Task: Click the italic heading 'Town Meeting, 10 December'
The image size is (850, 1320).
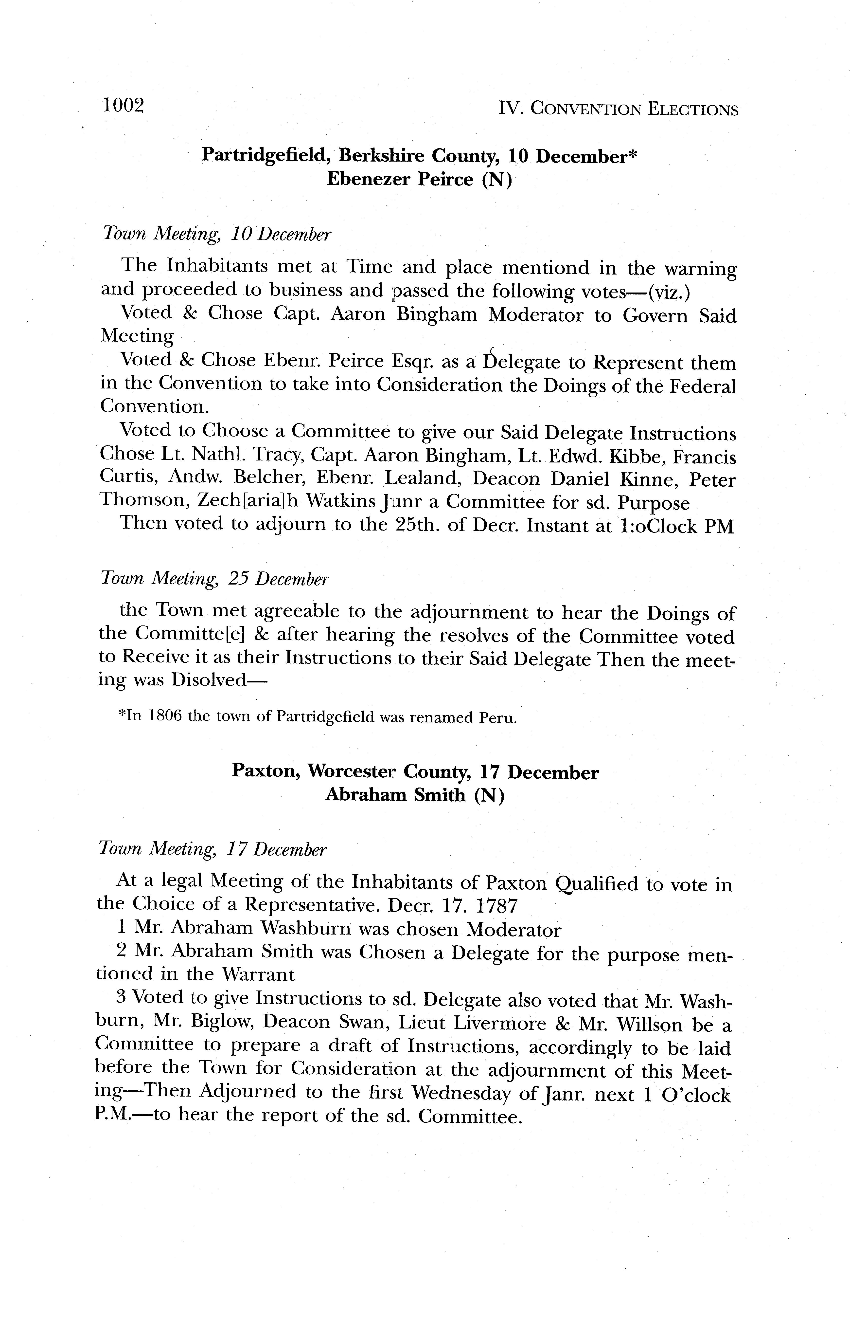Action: pos(217,235)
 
